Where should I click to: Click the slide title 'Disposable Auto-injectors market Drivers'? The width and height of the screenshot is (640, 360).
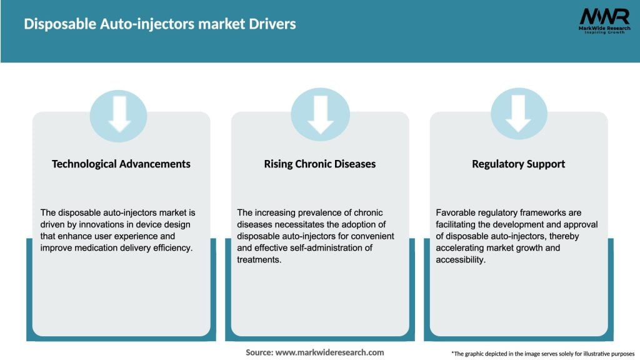click(160, 24)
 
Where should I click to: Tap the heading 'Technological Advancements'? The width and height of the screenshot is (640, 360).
click(121, 164)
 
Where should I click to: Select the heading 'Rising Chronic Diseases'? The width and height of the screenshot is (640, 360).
click(320, 164)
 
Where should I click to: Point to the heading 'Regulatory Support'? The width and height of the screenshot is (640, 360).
click(518, 164)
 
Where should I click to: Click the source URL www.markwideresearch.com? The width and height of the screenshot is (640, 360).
click(329, 352)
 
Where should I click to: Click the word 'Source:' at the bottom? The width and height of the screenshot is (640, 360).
click(259, 352)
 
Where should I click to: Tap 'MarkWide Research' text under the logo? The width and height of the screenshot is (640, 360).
click(604, 29)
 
